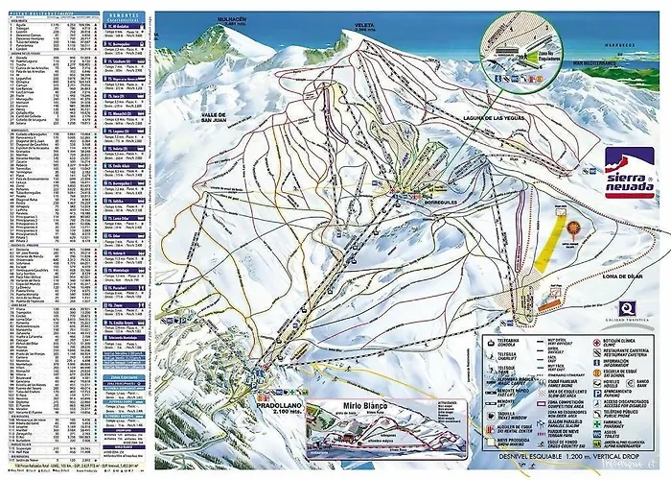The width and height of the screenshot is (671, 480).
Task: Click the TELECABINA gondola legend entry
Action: (x=498, y=341)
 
